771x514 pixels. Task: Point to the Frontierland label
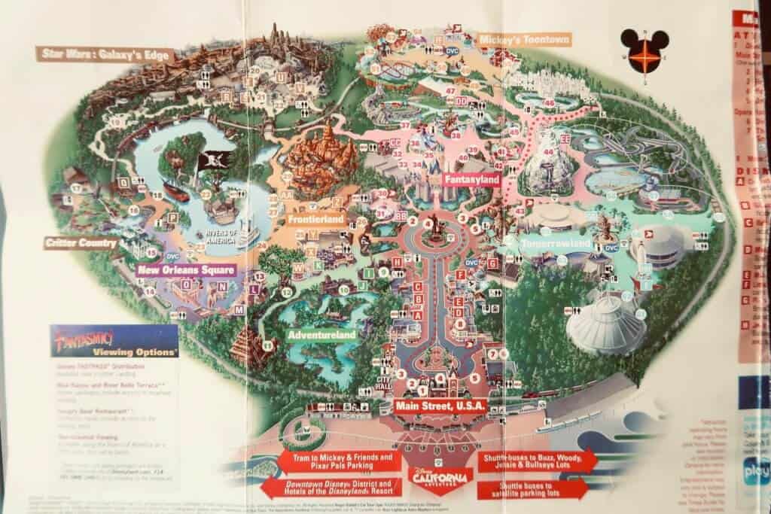tap(316, 220)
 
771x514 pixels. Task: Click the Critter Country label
tap(81, 243)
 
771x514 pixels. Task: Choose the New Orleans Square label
tap(186, 269)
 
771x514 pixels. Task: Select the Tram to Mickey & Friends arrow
tap(337, 461)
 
